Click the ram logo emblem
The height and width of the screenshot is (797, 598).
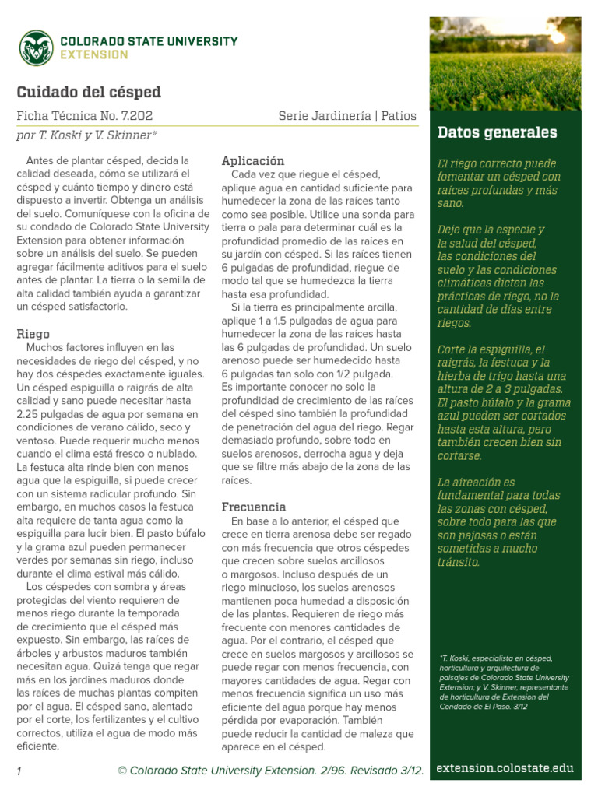pyautogui.click(x=36, y=47)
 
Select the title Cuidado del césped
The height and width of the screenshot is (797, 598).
pyautogui.click(x=89, y=92)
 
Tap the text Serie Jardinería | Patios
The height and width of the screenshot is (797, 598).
pyautogui.click(x=347, y=116)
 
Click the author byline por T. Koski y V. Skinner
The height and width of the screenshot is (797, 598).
pyautogui.click(x=87, y=135)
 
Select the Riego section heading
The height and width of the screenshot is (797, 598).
pyautogui.click(x=33, y=334)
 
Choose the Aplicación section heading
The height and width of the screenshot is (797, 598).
pyautogui.click(x=253, y=160)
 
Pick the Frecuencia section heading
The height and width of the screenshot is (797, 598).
pyautogui.click(x=254, y=507)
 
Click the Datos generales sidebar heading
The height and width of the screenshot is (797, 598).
pyautogui.click(x=498, y=132)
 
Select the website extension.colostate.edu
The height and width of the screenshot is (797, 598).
pyautogui.click(x=505, y=768)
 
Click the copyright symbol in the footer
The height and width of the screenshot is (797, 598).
pyautogui.click(x=122, y=771)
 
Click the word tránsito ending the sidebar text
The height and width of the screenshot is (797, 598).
pyautogui.click(x=459, y=561)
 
